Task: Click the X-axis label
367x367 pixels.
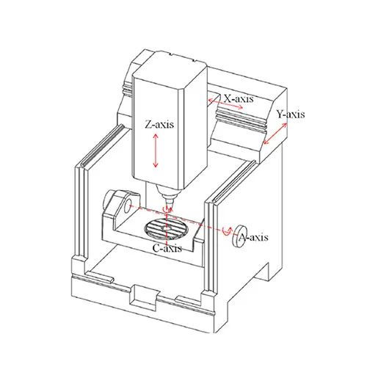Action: point(239,98)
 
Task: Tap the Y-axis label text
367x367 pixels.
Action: point(291,115)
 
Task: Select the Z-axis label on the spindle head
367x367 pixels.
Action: point(159,124)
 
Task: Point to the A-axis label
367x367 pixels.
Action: point(253,237)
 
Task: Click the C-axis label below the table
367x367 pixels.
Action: point(167,248)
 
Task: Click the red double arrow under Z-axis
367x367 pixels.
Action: point(156,150)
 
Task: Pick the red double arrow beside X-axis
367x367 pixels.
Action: point(225,103)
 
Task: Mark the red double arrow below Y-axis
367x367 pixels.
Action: point(275,134)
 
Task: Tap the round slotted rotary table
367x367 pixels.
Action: point(167,229)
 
